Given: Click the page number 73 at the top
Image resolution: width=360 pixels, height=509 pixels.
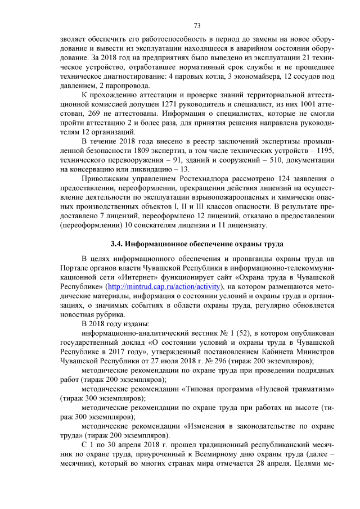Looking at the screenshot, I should pyautogui.click(x=197, y=26).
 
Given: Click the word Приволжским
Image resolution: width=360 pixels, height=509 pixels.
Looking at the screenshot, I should pyautogui.click(x=105, y=178).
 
